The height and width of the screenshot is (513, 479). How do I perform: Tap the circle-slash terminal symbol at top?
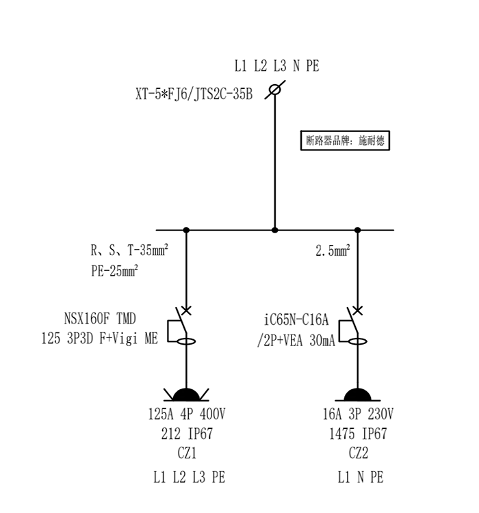(x=275, y=89)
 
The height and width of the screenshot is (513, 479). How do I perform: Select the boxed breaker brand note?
(x=346, y=141)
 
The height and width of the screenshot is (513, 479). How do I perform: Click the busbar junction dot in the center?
(x=275, y=230)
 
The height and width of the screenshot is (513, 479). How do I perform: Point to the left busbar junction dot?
(x=185, y=230)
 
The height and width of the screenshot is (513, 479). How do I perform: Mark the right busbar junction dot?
(x=357, y=230)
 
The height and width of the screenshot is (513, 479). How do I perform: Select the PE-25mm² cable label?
(x=115, y=270)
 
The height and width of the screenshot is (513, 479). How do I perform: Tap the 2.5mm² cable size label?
(x=333, y=250)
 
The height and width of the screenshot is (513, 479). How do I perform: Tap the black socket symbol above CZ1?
(x=185, y=394)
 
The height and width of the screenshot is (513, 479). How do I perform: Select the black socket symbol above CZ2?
(x=357, y=394)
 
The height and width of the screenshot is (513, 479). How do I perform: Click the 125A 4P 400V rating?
(x=186, y=414)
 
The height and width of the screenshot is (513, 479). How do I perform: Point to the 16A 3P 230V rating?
(x=358, y=414)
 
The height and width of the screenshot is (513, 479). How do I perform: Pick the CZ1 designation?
(x=186, y=453)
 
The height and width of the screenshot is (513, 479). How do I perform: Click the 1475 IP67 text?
(x=358, y=434)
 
